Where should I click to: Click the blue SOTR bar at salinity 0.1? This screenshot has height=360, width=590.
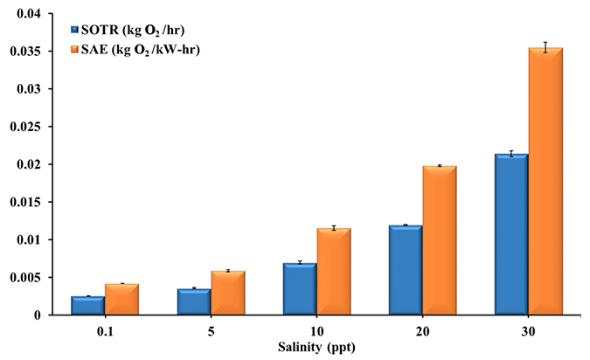click(x=88, y=306)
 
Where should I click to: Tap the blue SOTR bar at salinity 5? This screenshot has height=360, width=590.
click(x=194, y=302)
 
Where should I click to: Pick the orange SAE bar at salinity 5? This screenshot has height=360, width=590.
click(x=228, y=294)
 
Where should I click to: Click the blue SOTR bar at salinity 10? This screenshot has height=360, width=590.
click(x=300, y=289)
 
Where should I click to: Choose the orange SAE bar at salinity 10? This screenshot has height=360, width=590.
click(x=334, y=272)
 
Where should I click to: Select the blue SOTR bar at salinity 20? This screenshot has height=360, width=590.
click(x=406, y=271)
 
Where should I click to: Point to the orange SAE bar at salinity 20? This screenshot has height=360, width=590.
click(x=440, y=241)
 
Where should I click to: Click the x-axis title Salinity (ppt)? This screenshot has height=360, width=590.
click(x=316, y=348)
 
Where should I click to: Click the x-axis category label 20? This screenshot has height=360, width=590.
click(x=422, y=332)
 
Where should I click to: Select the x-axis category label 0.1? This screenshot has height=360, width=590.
click(x=105, y=332)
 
